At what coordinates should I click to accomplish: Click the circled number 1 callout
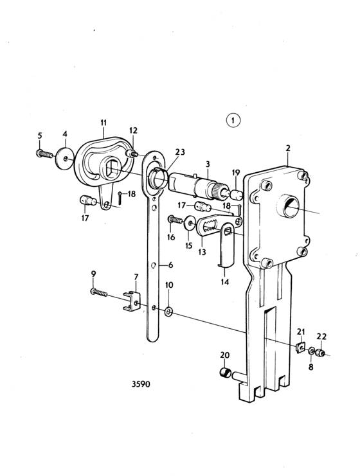(x=233, y=121)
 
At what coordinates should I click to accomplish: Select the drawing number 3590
(x=141, y=384)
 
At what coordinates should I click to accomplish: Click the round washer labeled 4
(x=65, y=158)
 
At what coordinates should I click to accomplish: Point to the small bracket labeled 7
(x=132, y=301)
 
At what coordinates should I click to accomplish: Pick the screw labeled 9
(x=99, y=293)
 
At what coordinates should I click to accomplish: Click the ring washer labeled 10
(x=168, y=312)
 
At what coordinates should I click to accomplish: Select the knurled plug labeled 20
(x=226, y=372)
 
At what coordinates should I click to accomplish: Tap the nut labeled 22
(x=320, y=353)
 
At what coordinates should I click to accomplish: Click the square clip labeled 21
(x=300, y=347)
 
